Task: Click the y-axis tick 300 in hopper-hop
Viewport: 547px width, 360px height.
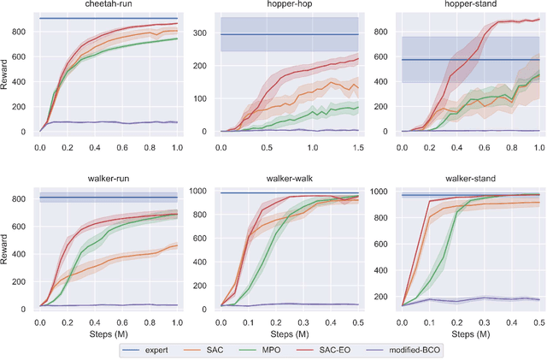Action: pyautogui.click(x=204, y=33)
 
